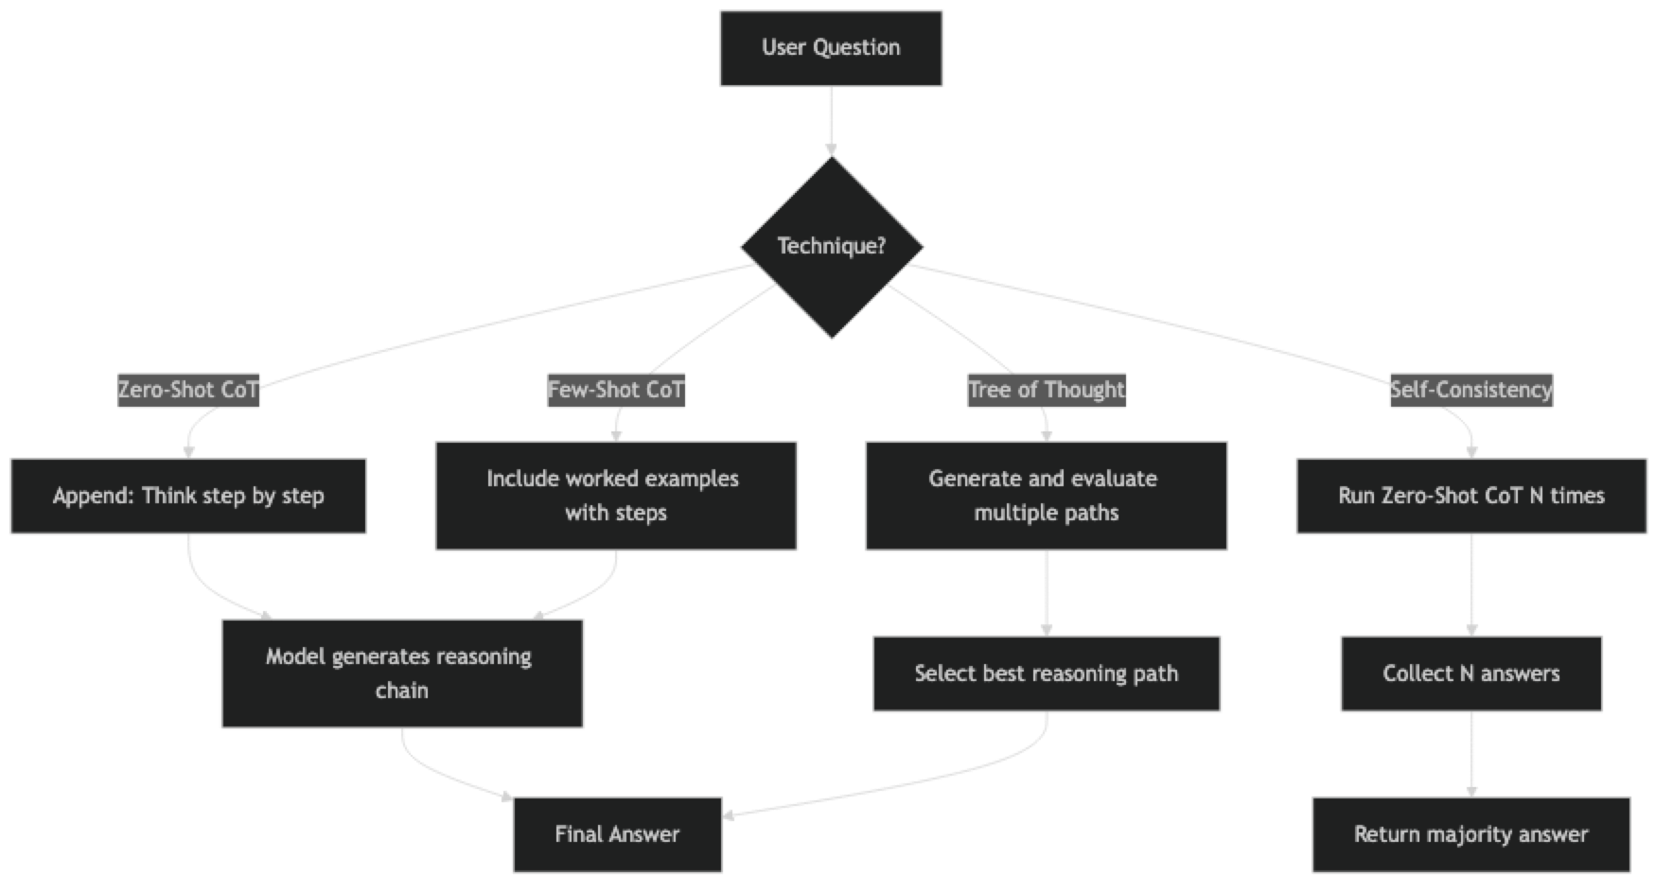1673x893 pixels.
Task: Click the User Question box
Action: [831, 48]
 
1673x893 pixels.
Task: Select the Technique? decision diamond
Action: [831, 247]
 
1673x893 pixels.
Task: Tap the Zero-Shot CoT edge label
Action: [188, 390]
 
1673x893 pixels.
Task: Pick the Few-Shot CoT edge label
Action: [616, 390]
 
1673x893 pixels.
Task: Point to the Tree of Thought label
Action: [1047, 390]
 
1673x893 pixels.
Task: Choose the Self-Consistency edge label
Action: [1470, 390]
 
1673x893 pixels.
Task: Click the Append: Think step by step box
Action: [188, 497]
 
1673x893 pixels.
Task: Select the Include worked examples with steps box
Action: [616, 496]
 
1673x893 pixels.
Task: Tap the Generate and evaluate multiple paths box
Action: [1047, 496]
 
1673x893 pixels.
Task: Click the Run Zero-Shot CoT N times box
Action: [1470, 497]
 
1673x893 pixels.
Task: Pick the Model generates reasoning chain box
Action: [402, 674]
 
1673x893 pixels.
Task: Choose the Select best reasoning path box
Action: [1047, 674]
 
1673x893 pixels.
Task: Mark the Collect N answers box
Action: [1470, 674]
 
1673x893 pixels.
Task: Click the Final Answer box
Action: [617, 834]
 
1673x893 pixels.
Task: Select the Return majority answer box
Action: [1470, 834]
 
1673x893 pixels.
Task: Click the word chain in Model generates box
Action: [402, 691]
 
